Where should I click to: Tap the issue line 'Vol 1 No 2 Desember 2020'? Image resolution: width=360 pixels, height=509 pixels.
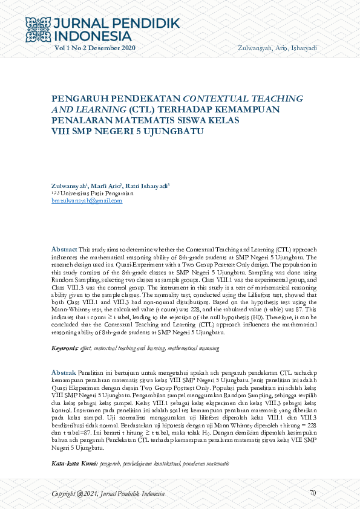click(x=95, y=48)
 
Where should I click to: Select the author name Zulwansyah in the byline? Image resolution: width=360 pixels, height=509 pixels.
click(x=69, y=185)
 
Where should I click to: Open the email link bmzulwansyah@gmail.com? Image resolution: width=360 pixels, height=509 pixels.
click(x=82, y=199)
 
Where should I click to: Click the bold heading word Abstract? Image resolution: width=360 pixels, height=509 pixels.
click(x=64, y=249)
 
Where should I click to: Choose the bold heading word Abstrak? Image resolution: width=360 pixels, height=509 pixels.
click(x=64, y=372)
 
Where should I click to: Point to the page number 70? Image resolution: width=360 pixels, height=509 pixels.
click(x=312, y=493)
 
